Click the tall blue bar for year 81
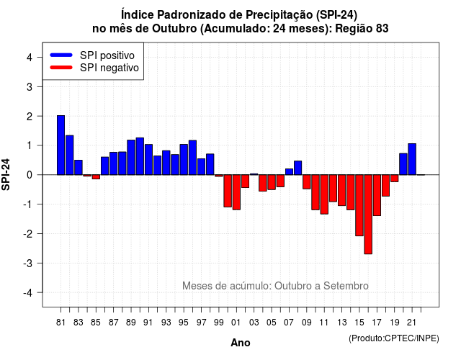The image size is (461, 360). coord(61,145)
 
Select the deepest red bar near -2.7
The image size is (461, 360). coord(368,215)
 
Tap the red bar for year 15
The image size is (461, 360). coord(359,205)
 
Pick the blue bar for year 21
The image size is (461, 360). coord(412,159)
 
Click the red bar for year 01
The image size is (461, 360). coord(236,192)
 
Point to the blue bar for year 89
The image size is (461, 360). coord(131,158)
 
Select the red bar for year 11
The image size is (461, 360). coord(324,194)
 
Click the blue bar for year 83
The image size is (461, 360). coord(79,168)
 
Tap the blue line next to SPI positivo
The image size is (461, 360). coord(61,55)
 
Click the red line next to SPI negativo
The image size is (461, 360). coord(61,68)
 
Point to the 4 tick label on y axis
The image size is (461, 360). coord(30,58)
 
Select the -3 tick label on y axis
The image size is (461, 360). coord(27,263)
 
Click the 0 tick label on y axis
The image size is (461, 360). coord(30,175)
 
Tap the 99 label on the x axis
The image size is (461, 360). coord(219,323)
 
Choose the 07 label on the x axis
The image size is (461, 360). coord(289,323)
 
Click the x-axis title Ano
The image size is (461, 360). coord(241,343)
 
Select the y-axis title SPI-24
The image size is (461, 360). coord(6,174)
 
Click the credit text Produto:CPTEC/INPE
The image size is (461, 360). coord(394,338)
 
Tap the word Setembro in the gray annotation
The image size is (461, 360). coord(346,286)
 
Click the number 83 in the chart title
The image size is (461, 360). coord(382,29)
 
